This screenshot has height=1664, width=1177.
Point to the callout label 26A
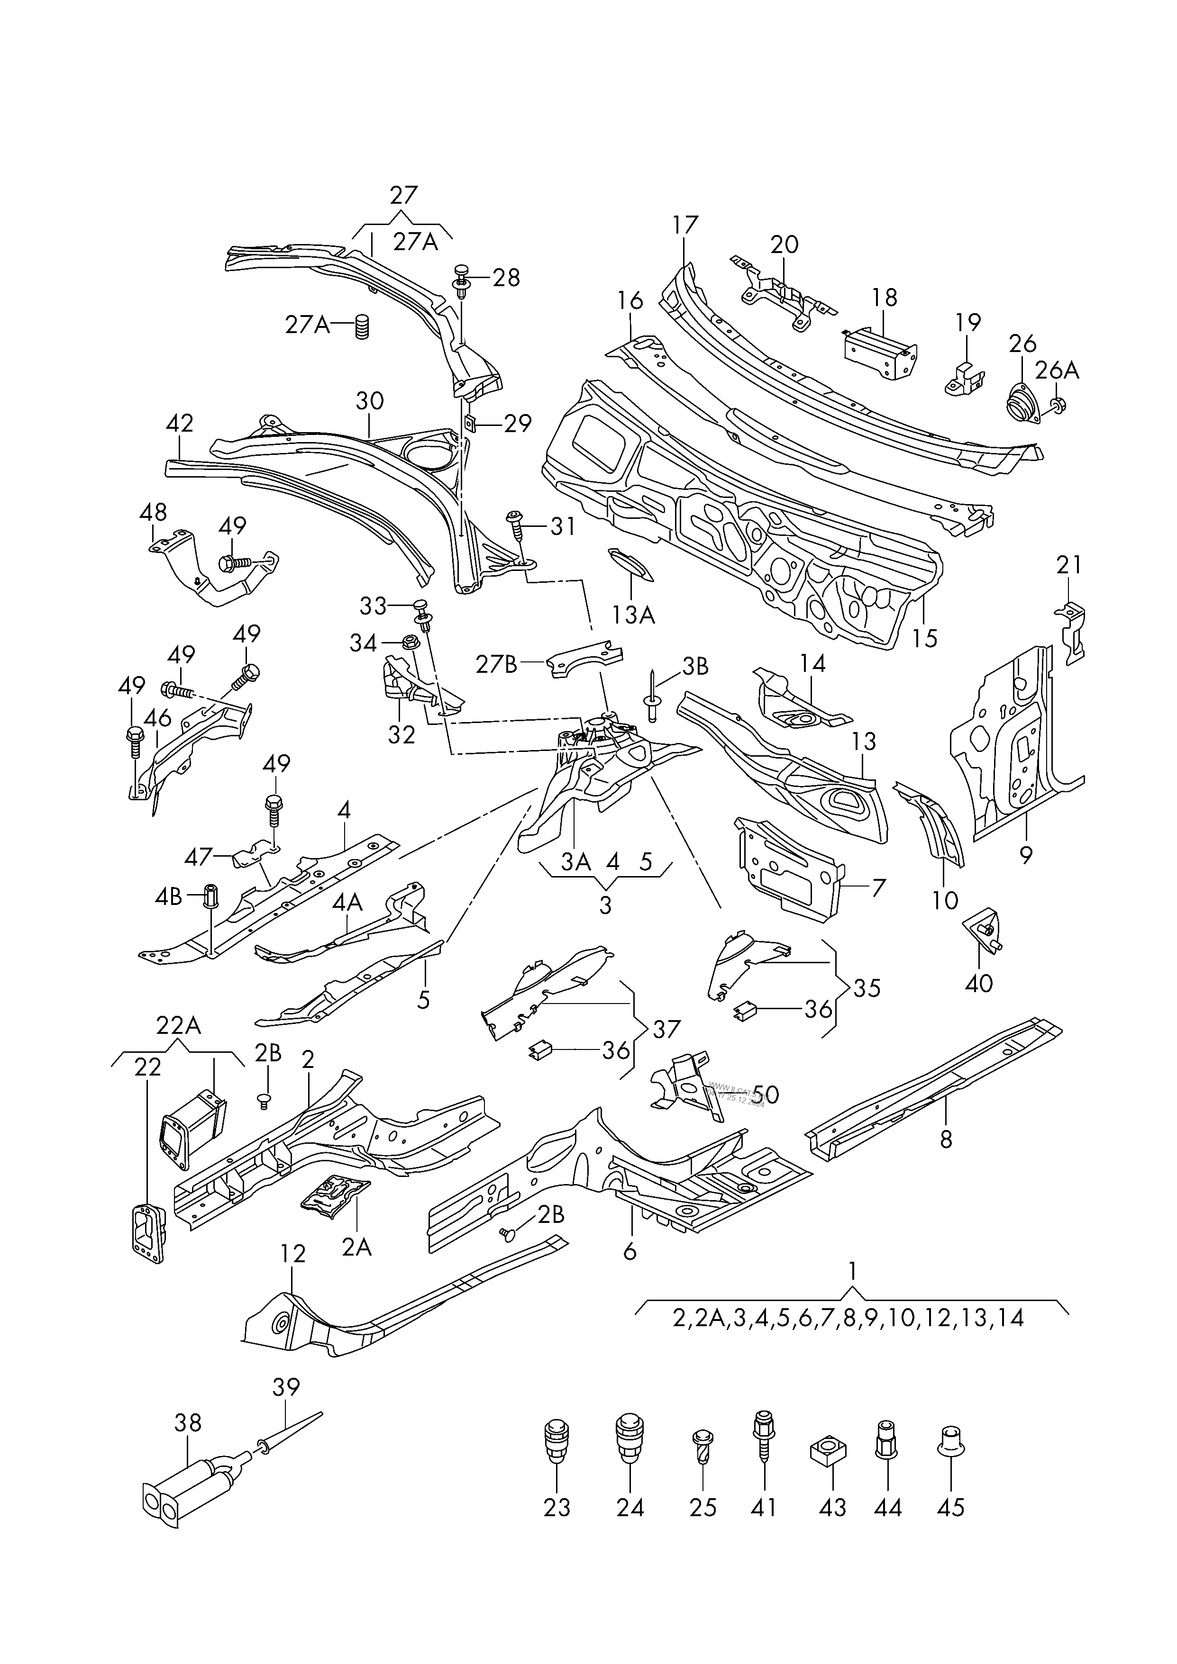point(1057,371)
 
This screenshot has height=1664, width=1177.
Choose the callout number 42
point(179,423)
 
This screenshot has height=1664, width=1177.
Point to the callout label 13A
point(633,615)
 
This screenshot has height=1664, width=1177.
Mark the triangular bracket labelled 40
point(983,930)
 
